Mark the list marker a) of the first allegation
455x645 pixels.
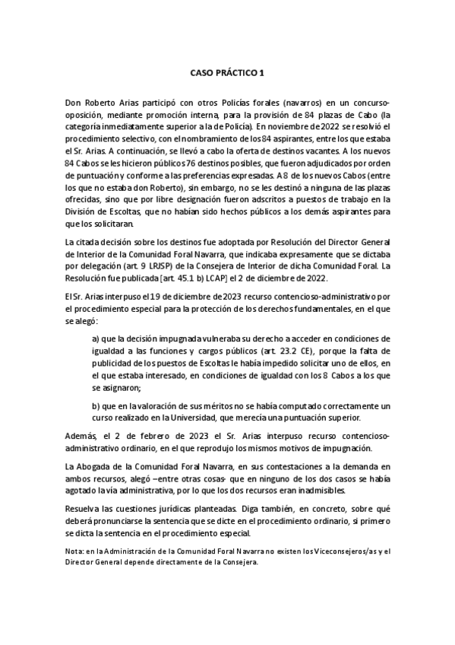pyautogui.click(x=96, y=338)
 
